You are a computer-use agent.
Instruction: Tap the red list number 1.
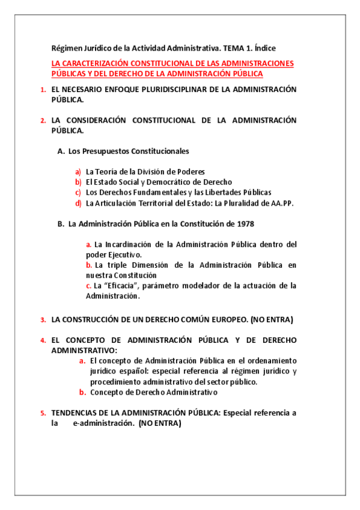pos(43,90)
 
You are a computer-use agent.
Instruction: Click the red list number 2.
pos(43,120)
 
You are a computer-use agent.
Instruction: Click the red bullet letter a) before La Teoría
pos(78,171)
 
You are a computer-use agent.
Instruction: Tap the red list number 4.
pos(43,340)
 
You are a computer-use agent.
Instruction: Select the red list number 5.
pos(43,413)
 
